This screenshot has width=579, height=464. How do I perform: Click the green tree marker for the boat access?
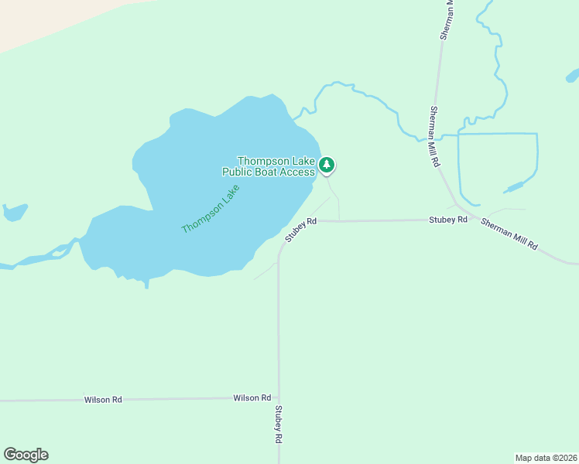327,164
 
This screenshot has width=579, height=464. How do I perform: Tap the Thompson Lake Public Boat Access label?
276,166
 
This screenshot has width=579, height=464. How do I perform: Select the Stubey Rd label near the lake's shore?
301,230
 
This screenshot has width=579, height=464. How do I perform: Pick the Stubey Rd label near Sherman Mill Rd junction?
448,220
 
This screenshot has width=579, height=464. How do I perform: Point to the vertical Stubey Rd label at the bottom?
278,425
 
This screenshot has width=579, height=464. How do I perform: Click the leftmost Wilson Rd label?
103,400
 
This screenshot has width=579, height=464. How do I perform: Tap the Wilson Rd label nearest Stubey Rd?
252,397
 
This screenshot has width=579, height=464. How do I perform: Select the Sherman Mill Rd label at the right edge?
509,234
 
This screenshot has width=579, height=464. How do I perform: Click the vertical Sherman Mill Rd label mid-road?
435,137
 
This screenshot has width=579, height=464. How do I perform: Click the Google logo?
26,455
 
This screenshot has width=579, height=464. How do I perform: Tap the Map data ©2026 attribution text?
546,457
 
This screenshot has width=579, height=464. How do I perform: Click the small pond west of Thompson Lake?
14,211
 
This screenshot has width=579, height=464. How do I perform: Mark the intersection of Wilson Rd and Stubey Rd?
278,399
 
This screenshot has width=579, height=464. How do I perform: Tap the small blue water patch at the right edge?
573,76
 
